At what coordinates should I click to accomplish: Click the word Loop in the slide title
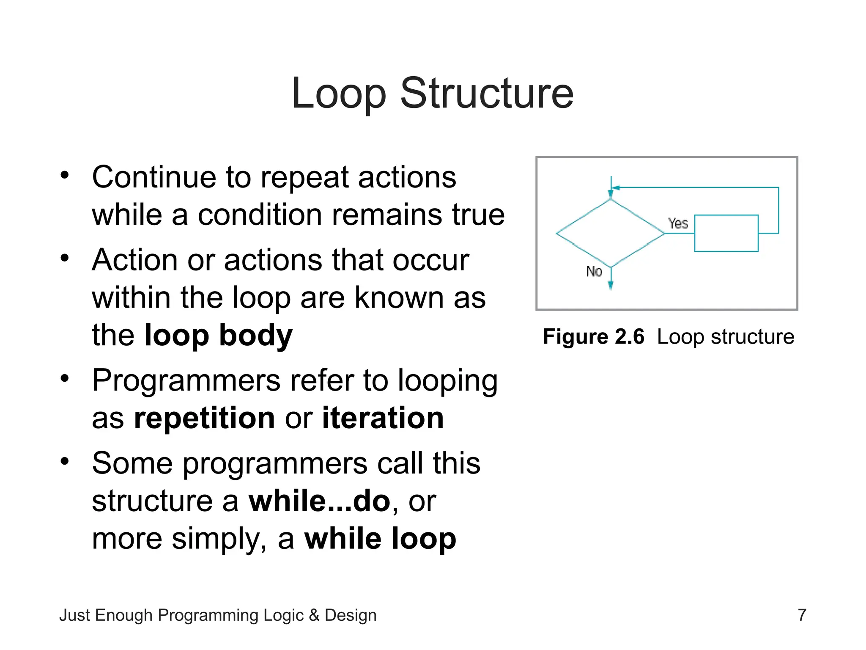(x=338, y=94)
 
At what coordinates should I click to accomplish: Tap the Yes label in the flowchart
(x=678, y=223)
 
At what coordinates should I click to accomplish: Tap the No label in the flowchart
(x=594, y=271)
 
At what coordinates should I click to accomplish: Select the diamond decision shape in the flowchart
(x=610, y=233)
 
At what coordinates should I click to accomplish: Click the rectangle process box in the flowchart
(x=726, y=233)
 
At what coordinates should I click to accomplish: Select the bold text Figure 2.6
(x=593, y=337)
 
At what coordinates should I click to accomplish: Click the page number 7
(x=802, y=615)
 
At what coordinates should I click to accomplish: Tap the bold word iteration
(x=383, y=418)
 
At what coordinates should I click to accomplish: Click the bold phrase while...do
(x=319, y=501)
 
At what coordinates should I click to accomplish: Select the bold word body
(x=255, y=335)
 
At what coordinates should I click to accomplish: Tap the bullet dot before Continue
(x=64, y=175)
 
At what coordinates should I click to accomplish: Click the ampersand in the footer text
(x=314, y=615)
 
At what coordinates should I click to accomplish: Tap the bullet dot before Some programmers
(x=64, y=461)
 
